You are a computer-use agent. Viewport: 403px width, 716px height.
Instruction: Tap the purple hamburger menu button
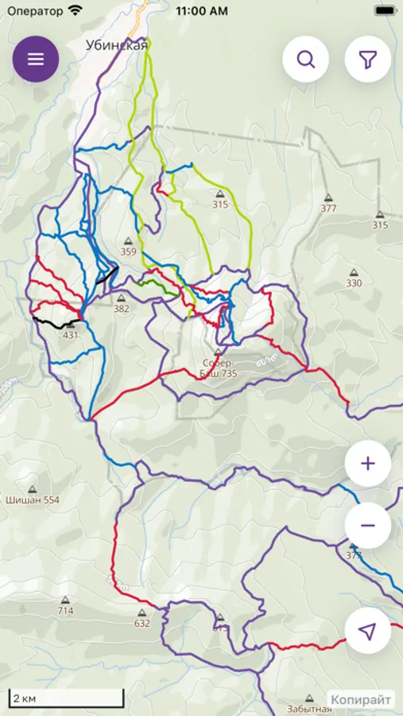[x=36, y=60]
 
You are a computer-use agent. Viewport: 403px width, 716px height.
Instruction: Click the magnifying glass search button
[x=306, y=60]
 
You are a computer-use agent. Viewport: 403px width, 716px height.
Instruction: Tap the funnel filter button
[x=367, y=60]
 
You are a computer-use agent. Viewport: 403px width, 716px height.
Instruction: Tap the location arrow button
[x=367, y=631]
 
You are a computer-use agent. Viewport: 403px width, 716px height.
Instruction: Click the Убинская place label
[x=117, y=45]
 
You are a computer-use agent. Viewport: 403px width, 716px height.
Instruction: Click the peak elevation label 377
[x=328, y=208]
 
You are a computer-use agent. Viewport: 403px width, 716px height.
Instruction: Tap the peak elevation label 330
[x=354, y=282]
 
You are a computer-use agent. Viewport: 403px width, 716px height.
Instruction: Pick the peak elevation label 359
[x=128, y=251]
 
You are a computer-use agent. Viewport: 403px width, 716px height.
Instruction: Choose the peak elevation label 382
[x=121, y=309]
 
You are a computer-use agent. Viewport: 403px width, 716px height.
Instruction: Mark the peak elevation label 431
[x=71, y=335]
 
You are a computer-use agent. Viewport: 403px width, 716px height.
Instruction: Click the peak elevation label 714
[x=65, y=610]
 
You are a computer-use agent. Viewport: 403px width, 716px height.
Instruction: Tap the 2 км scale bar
[x=67, y=698]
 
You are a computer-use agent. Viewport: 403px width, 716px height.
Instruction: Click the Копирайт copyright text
[x=361, y=700]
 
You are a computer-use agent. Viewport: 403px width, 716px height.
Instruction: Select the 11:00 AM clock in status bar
[x=201, y=11]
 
